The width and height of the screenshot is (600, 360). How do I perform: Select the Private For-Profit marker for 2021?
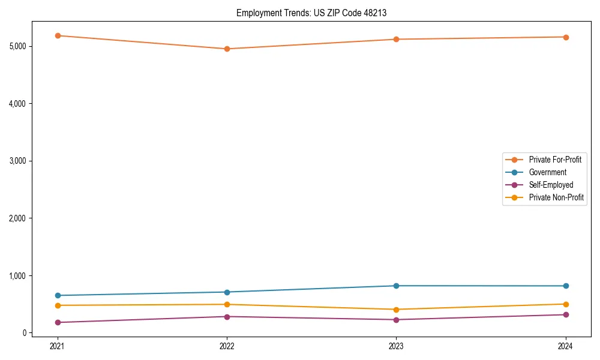[58, 35]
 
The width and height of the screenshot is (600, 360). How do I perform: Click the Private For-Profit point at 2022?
[227, 49]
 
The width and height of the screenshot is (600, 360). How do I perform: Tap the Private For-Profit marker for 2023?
[396, 40]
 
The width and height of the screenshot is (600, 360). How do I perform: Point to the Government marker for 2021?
[58, 295]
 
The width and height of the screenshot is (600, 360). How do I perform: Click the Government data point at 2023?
[396, 286]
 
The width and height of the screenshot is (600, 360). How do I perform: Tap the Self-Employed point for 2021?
[58, 322]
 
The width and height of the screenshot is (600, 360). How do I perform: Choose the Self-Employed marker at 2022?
[227, 317]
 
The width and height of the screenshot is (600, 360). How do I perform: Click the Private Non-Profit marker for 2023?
[396, 310]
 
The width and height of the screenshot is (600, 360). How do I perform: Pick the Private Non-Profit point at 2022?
[227, 304]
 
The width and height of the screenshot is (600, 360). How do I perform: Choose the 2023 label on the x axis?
[396, 346]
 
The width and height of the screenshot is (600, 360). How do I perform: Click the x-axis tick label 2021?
[58, 346]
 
